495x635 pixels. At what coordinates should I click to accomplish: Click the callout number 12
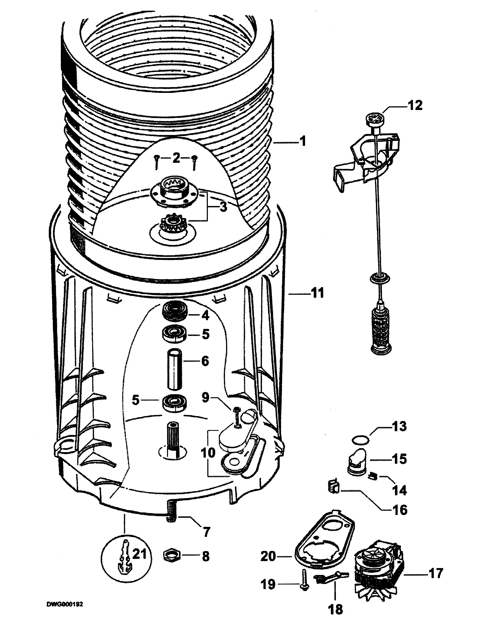[415, 105]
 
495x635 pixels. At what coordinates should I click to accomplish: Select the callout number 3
[223, 207]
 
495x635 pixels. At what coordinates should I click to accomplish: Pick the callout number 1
[303, 141]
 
